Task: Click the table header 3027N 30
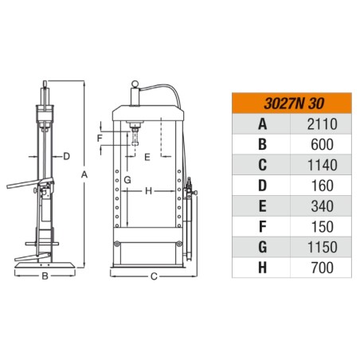(294, 104)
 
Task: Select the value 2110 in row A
(323, 124)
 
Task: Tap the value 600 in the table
(322, 145)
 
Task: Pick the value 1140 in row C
(323, 165)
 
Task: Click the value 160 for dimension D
(323, 186)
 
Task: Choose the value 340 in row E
(322, 206)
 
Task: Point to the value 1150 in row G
(323, 247)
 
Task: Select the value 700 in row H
(323, 268)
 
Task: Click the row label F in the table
(262, 227)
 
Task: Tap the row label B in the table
(262, 145)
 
